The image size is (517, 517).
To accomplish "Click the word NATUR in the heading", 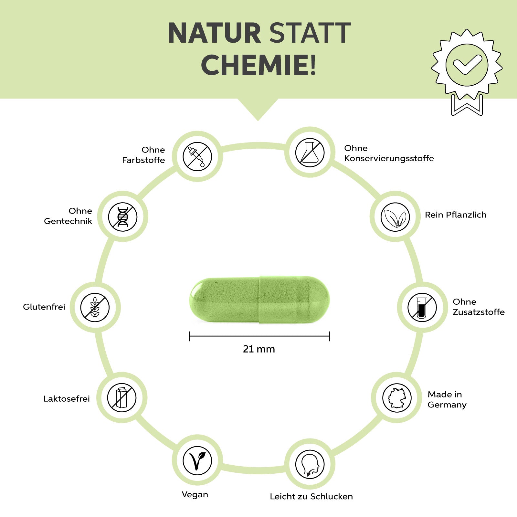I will click(x=214, y=33).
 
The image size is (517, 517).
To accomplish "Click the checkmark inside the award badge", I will click(x=467, y=64).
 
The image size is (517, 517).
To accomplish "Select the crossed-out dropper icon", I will click(x=197, y=156).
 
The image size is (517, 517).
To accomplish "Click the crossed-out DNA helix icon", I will click(x=123, y=217).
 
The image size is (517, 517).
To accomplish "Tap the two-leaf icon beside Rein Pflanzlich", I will click(x=395, y=217).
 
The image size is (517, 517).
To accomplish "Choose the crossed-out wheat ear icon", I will click(x=95, y=307).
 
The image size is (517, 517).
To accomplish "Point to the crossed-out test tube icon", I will click(x=422, y=307).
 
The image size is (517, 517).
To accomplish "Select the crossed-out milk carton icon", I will click(x=122, y=398).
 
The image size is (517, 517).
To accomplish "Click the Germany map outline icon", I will click(x=397, y=398).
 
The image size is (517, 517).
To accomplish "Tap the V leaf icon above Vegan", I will click(x=197, y=460).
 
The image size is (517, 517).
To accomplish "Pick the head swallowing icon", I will click(x=310, y=464).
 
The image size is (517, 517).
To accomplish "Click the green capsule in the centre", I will click(x=259, y=299).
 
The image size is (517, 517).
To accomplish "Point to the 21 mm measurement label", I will click(x=259, y=349).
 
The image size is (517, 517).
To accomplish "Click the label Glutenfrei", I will click(x=44, y=307).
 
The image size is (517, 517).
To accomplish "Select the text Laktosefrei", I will click(x=67, y=399).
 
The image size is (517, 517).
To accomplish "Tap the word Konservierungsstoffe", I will click(x=389, y=158).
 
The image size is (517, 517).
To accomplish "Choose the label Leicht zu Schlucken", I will click(x=311, y=497).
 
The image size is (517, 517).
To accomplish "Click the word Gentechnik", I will click(x=68, y=221).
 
